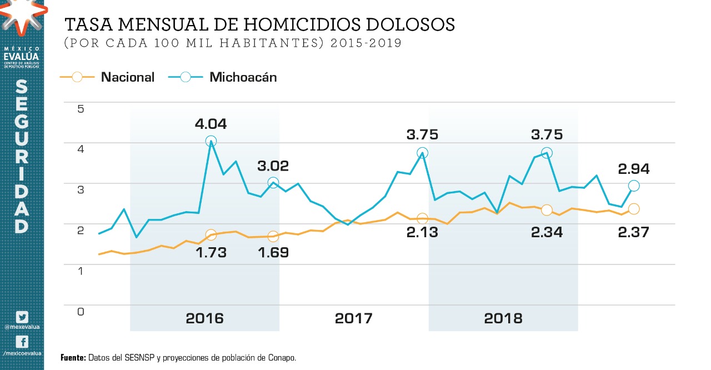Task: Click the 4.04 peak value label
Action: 211,124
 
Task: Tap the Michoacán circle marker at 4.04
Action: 211,141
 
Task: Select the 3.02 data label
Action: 273,166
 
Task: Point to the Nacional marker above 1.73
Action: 211,235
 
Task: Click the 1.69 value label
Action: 273,252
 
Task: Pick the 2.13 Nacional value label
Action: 422,232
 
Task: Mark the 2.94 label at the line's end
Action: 634,169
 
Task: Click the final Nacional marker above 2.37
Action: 634,209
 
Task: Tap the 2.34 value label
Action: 547,232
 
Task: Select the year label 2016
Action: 204,318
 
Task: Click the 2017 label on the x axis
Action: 354,318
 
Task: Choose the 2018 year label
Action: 503,318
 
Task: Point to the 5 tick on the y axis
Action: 81,108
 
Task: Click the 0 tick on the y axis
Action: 81,311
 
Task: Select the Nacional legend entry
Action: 127,77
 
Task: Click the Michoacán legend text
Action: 243,77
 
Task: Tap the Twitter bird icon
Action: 22,317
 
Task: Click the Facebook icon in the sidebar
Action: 22,342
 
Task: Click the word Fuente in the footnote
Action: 73,358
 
